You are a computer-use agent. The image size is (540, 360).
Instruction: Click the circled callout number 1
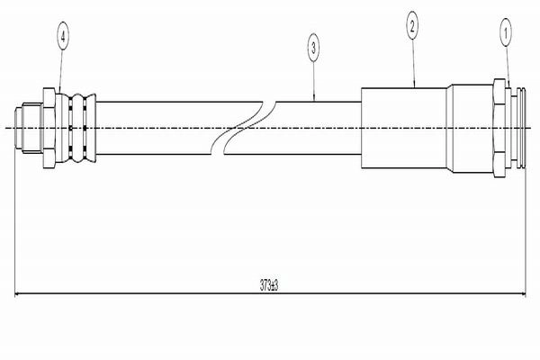(506, 33)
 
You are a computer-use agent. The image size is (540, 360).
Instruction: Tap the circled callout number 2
(412, 24)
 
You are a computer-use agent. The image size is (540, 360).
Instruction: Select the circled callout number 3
(313, 49)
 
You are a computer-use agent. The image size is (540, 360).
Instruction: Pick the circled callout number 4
(63, 36)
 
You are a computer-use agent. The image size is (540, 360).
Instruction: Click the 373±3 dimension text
(269, 285)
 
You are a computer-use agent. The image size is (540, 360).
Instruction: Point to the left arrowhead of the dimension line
(18, 294)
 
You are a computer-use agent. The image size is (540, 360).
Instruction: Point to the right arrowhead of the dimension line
(522, 294)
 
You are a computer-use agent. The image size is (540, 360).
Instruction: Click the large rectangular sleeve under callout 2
(404, 128)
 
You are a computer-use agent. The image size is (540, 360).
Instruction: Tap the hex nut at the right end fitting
(499, 128)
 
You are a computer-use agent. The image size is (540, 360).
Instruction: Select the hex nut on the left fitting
(49, 128)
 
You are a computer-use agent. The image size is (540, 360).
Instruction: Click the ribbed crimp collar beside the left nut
(76, 128)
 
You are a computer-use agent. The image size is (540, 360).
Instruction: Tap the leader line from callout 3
(314, 81)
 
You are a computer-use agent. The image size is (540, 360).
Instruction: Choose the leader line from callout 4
(61, 71)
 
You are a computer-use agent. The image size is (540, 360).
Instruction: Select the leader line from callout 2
(414, 62)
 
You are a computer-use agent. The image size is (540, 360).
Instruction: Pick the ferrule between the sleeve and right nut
(470, 128)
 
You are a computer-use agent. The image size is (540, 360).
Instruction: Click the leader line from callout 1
(508, 67)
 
